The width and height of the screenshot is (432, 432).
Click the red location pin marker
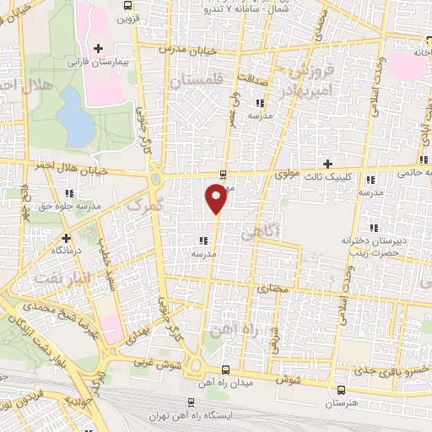click(x=216, y=198)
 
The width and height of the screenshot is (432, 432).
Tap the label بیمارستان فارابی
click(x=100, y=62)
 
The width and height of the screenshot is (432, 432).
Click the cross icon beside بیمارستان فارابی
click(x=100, y=47)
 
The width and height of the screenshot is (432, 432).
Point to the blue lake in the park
click(x=75, y=116)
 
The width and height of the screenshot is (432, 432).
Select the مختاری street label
click(x=270, y=289)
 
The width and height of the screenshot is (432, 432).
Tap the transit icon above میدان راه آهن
click(x=224, y=370)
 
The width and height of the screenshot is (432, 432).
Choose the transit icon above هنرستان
click(x=341, y=390)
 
